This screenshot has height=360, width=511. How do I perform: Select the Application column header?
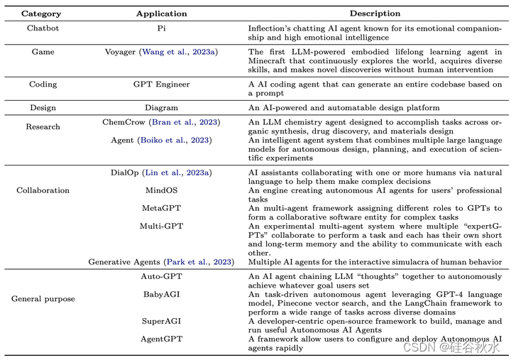coord(161,13)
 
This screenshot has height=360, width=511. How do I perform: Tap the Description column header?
coord(374,13)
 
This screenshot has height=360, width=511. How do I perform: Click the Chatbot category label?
coord(43,28)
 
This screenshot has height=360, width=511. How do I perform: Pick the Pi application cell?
coord(161,28)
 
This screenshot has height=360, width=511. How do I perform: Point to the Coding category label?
coord(43,84)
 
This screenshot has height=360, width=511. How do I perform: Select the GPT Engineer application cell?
coord(161,84)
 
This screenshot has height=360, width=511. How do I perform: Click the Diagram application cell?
coord(161,108)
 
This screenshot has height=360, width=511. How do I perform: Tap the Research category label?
coord(43,127)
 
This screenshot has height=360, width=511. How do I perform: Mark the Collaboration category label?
coord(43,190)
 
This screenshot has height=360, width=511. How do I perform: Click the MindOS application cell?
coord(161,190)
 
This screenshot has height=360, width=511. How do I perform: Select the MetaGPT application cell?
coord(161,208)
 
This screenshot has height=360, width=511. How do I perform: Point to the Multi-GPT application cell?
coord(161,226)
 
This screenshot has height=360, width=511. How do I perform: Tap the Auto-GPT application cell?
coord(161,276)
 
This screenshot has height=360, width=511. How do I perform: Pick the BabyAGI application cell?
coord(161,294)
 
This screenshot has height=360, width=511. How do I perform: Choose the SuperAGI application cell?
coord(161,321)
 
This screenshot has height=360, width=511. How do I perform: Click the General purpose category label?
coord(43,299)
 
